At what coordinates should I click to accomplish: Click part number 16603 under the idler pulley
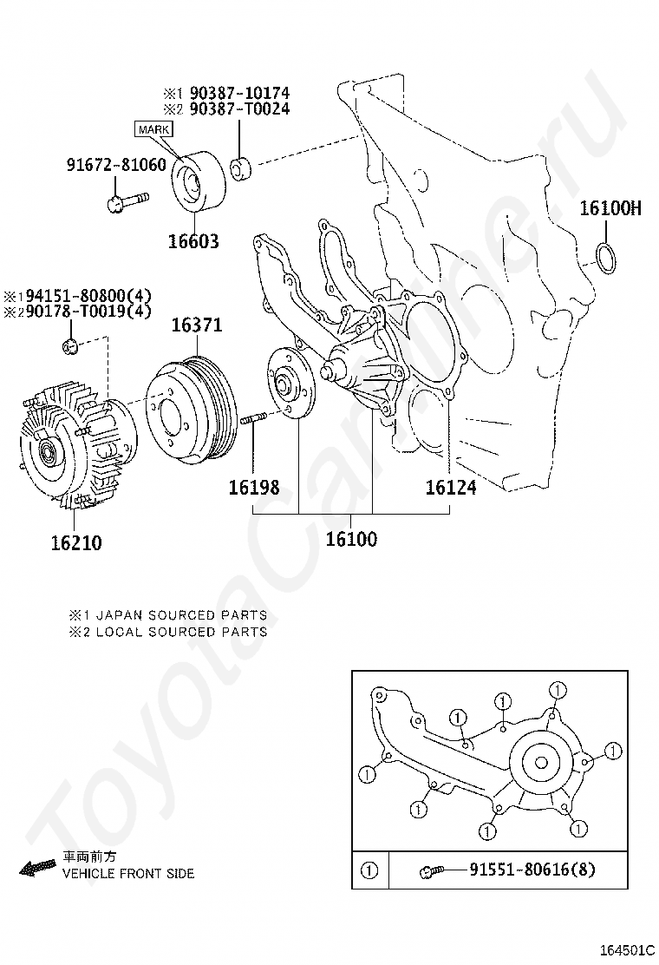click(194, 241)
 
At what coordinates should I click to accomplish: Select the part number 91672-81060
click(116, 164)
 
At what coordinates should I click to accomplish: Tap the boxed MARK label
click(153, 129)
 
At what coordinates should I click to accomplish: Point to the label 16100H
click(610, 208)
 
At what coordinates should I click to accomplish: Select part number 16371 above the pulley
click(196, 325)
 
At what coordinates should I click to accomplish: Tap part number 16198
click(254, 488)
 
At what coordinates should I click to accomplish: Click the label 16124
click(450, 488)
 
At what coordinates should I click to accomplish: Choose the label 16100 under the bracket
click(351, 539)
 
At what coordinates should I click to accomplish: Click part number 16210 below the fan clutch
click(75, 543)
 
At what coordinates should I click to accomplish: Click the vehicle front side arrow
click(36, 866)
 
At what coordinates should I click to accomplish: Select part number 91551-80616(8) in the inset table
click(532, 870)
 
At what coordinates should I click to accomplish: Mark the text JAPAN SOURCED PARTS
click(180, 615)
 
